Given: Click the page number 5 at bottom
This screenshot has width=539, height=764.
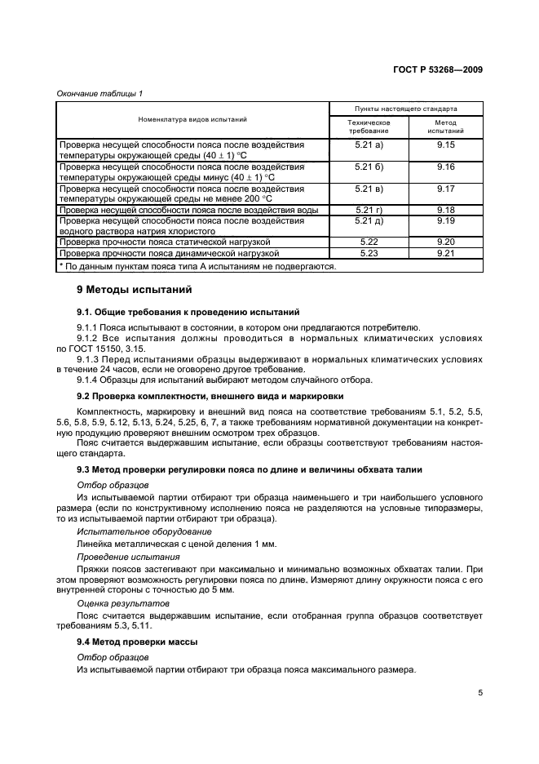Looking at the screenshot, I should pyautogui.click(x=480, y=693).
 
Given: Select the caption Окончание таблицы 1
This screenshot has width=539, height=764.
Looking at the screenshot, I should pyautogui.click(x=99, y=94).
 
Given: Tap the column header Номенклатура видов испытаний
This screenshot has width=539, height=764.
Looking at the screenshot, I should pyautogui.click(x=192, y=119).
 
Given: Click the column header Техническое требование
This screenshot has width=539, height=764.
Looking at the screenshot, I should pyautogui.click(x=369, y=126).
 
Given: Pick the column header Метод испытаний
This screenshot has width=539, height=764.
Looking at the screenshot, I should pyautogui.click(x=445, y=126).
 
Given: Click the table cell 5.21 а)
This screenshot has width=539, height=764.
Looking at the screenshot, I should pyautogui.click(x=369, y=144).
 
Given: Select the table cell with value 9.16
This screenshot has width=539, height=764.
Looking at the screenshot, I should pyautogui.click(x=445, y=167).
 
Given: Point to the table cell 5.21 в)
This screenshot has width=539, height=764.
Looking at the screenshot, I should pyautogui.click(x=369, y=189).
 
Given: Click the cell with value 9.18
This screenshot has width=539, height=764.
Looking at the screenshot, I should pyautogui.click(x=445, y=210).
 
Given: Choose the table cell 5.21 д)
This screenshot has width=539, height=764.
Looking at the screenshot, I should pyautogui.click(x=369, y=221).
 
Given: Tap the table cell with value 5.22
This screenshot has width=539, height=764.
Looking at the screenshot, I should pyautogui.click(x=369, y=242).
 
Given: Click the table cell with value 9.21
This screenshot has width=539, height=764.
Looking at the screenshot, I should pyautogui.click(x=445, y=254).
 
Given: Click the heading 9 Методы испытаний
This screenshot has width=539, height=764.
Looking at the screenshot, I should pyautogui.click(x=122, y=289).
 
